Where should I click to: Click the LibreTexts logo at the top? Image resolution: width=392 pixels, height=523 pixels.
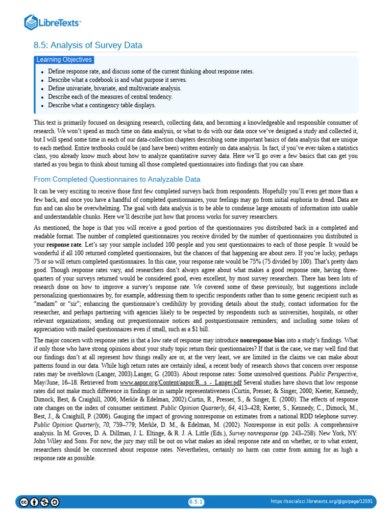tap(53, 22)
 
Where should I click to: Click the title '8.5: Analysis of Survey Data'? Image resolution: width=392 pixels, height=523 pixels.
tap(88, 45)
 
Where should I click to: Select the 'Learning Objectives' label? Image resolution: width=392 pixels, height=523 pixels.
tap(64, 60)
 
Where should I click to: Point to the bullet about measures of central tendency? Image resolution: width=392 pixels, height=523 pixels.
tap(110, 97)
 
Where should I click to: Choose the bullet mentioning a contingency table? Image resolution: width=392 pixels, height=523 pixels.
tap(102, 105)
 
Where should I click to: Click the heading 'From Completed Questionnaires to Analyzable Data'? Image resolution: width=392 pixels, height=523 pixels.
tap(117, 179)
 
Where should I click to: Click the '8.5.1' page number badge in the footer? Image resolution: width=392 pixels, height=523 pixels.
tap(196, 502)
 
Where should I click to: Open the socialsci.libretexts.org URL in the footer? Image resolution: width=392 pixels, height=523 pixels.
tap(321, 502)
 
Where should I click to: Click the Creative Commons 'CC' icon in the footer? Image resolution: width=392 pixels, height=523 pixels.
tap(24, 502)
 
